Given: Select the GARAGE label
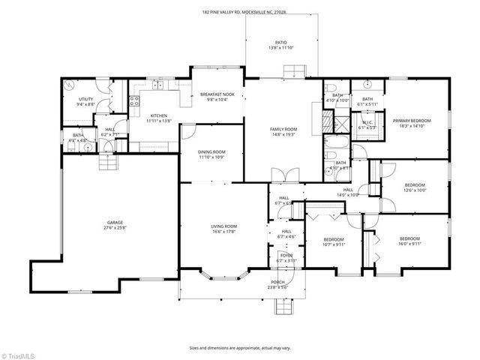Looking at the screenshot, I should (115, 223).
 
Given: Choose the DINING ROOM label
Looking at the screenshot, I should (211, 152).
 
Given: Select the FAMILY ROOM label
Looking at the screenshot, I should (283, 129).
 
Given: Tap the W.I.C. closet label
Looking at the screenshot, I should (367, 123).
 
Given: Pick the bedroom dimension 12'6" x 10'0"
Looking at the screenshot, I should (415, 190).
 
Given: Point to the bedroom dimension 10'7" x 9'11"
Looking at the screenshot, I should (334, 243).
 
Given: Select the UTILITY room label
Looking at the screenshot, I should (86, 99).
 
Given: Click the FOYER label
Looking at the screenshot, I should (286, 256).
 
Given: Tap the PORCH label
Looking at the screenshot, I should (278, 282).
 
